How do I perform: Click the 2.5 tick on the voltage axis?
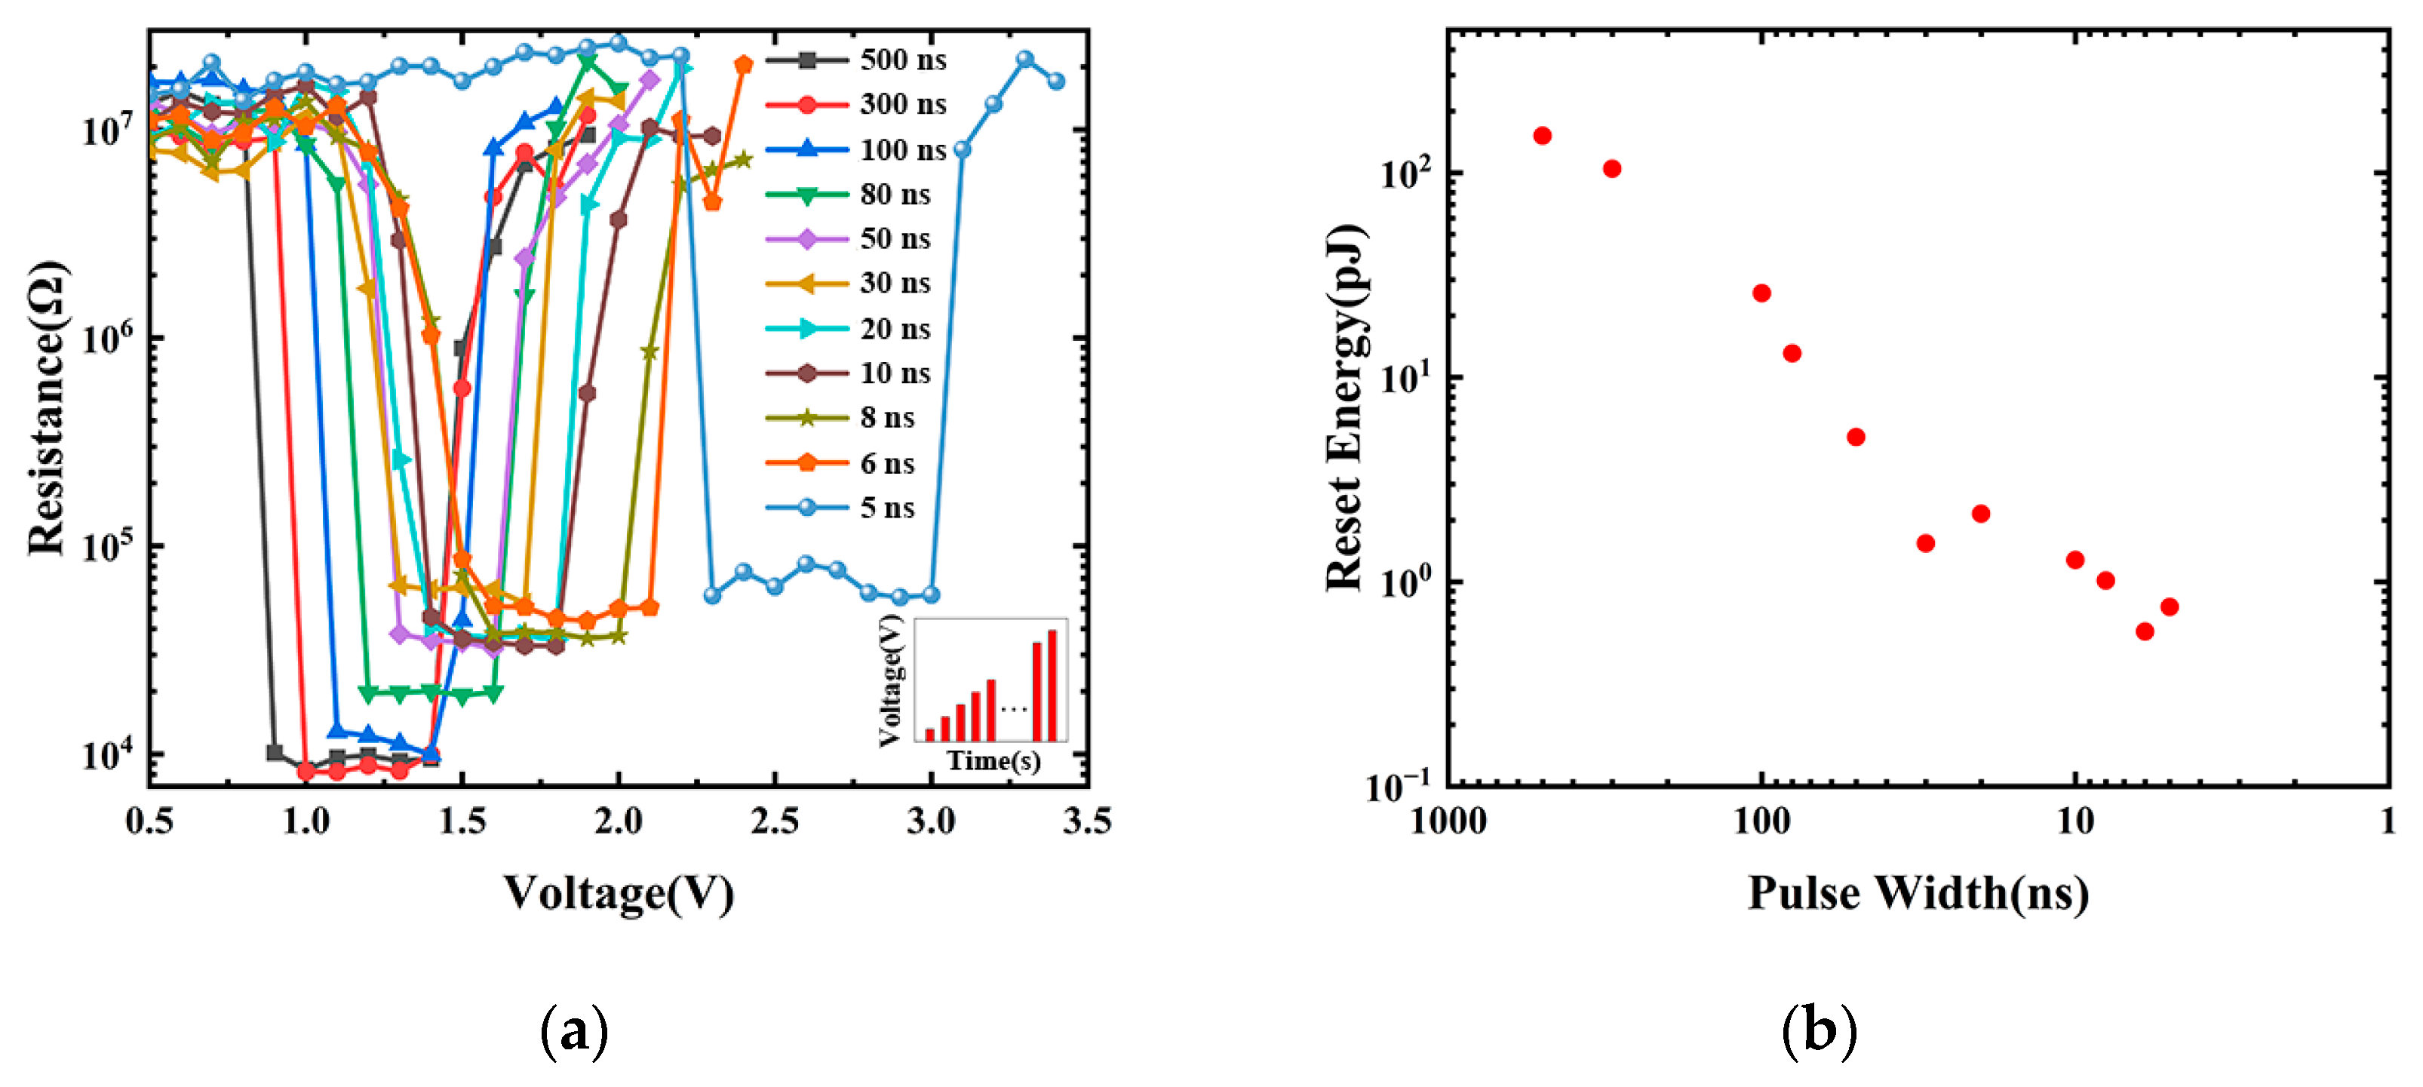774,821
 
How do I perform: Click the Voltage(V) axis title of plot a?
618,893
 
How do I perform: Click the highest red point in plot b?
1542,137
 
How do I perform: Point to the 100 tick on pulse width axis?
1761,821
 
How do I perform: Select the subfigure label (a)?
574,1031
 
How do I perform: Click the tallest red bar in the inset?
1052,686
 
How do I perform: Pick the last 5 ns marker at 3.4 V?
1055,81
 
